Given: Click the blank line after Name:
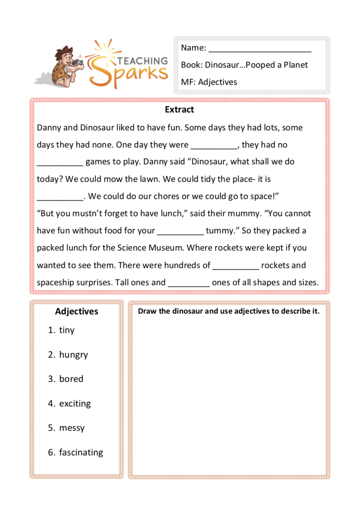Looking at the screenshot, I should [x=260, y=49].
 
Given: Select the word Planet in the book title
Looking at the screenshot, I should [x=295, y=65].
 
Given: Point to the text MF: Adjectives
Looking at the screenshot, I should [x=209, y=82].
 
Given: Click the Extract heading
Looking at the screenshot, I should [x=179, y=110].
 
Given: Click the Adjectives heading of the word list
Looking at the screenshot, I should [x=77, y=312].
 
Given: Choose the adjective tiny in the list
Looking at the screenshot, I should [x=67, y=330].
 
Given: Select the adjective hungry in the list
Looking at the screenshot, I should [x=74, y=355].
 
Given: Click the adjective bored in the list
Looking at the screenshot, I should [x=71, y=379].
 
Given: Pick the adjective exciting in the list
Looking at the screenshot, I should [x=75, y=404].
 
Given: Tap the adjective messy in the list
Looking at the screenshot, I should [x=72, y=428].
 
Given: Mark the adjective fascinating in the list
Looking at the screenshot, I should [x=81, y=453].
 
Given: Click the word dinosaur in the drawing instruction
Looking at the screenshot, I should [x=187, y=311].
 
